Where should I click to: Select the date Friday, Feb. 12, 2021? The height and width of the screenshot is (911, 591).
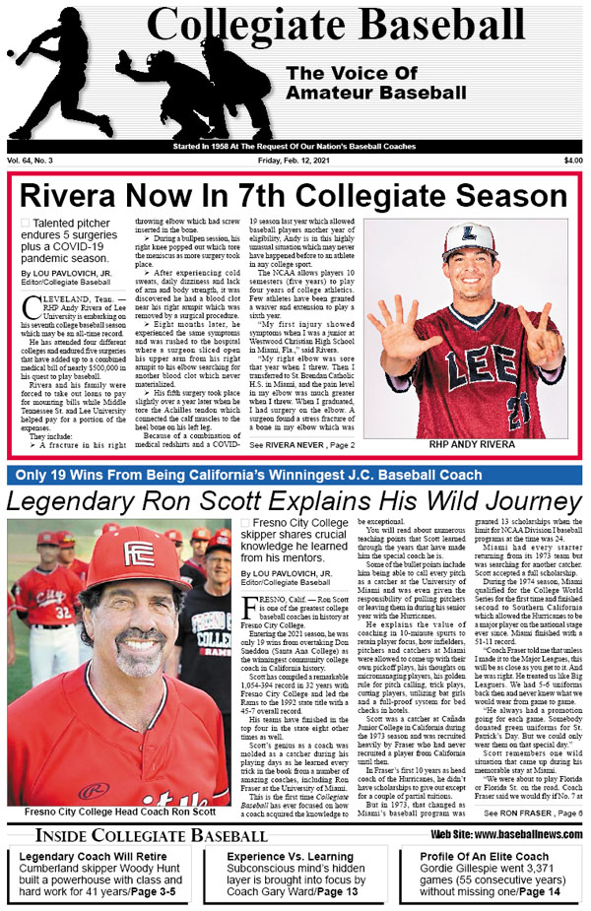(295, 161)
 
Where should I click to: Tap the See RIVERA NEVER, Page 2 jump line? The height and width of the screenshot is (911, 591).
(301, 446)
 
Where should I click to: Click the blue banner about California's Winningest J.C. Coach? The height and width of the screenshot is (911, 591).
(295, 475)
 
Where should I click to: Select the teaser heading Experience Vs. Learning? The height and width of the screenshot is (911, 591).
(286, 856)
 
